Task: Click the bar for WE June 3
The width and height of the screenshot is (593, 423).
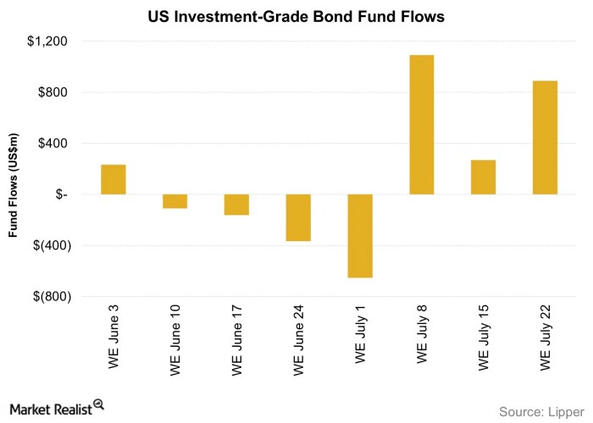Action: point(114,179)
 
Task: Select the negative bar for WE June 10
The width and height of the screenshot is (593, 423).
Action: point(175,201)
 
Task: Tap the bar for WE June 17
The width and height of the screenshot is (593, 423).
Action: point(236,205)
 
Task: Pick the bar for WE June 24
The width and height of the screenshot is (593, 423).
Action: point(298,217)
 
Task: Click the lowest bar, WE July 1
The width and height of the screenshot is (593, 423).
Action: point(360,236)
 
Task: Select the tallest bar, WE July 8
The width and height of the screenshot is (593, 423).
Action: point(422,124)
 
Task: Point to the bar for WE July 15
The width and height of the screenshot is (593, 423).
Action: point(483,177)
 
